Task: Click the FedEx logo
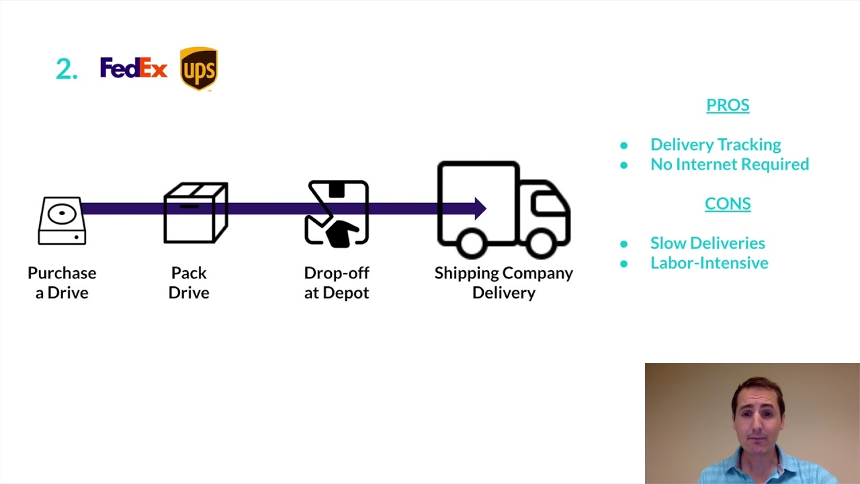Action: point(133,68)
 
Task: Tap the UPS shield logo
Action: point(198,69)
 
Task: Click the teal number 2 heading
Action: point(66,69)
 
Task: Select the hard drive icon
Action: point(62,220)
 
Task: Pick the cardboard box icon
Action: point(196,212)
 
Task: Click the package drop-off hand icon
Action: point(337,213)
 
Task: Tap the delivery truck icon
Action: point(504,210)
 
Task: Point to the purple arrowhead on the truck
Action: point(480,208)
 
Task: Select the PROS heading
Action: point(728,105)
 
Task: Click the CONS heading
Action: point(728,204)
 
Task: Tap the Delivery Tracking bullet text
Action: point(716,145)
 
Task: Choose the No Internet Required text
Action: point(730,164)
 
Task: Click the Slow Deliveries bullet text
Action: point(707,243)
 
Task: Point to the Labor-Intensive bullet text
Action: point(709,263)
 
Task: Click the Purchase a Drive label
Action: point(62,282)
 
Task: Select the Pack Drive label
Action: point(189,282)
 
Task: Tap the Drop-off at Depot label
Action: point(337,282)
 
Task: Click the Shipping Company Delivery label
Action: point(504,282)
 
